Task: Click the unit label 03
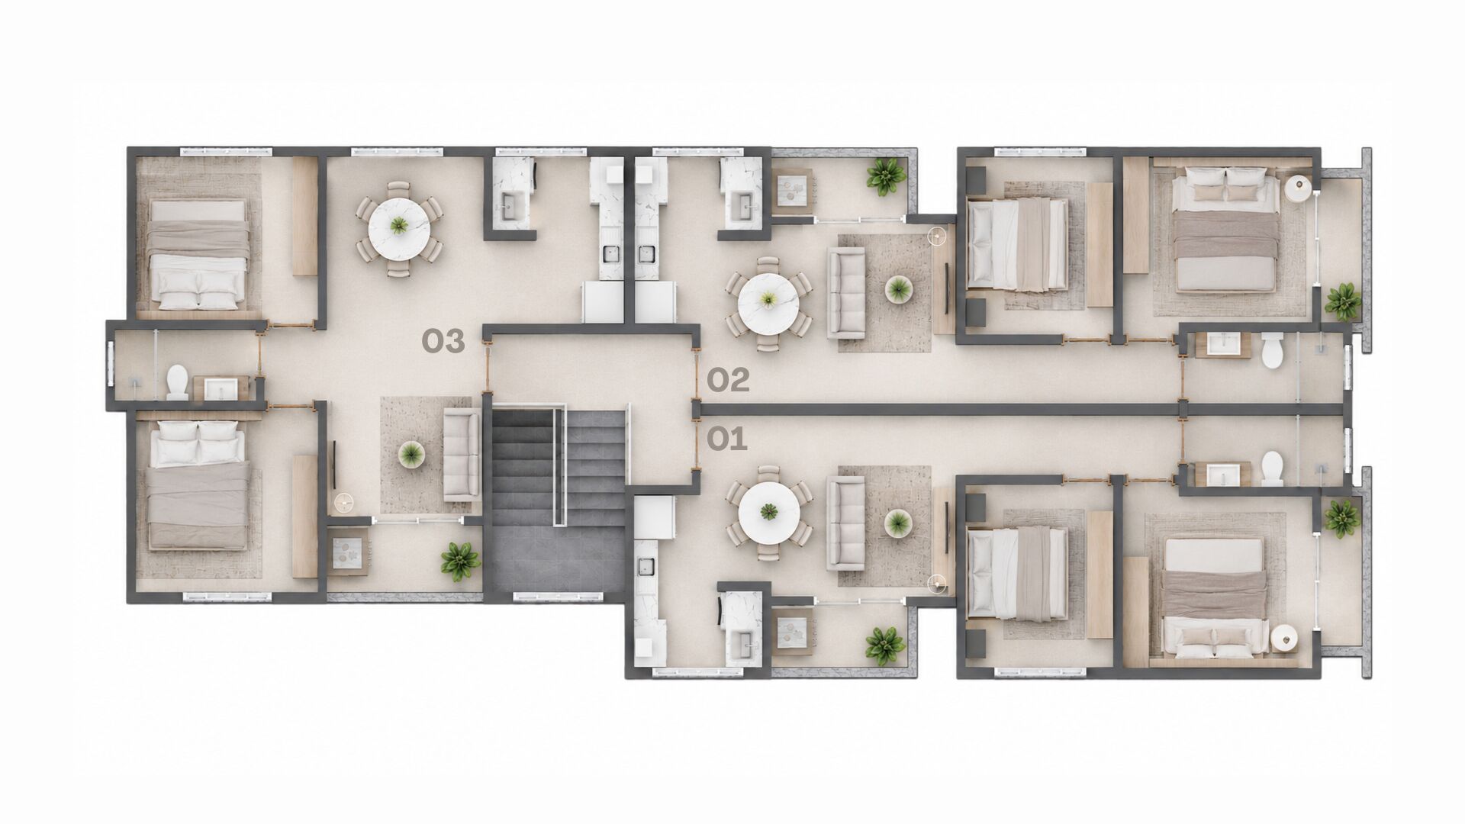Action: pyautogui.click(x=443, y=341)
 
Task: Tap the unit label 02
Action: pyautogui.click(x=728, y=379)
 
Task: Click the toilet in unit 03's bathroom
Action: pyautogui.click(x=177, y=381)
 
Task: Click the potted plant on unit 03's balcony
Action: pyautogui.click(x=460, y=562)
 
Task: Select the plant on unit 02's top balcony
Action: pyautogui.click(x=886, y=176)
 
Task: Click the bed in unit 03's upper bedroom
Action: pyautogui.click(x=198, y=254)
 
